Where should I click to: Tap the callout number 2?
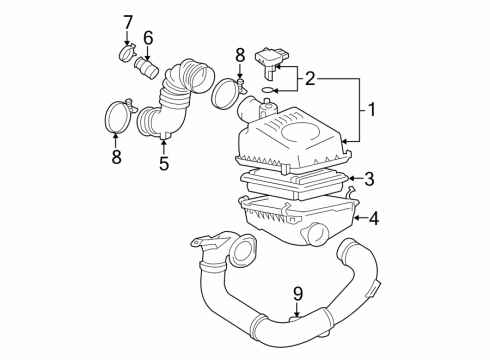click(310, 77)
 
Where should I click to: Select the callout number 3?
click(369, 179)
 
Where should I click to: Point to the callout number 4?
click(373, 217)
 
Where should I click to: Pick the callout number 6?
click(147, 38)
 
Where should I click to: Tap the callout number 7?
click(127, 20)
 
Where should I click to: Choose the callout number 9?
click(296, 295)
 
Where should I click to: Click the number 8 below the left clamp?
click(116, 156)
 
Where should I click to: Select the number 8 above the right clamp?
click(239, 54)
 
